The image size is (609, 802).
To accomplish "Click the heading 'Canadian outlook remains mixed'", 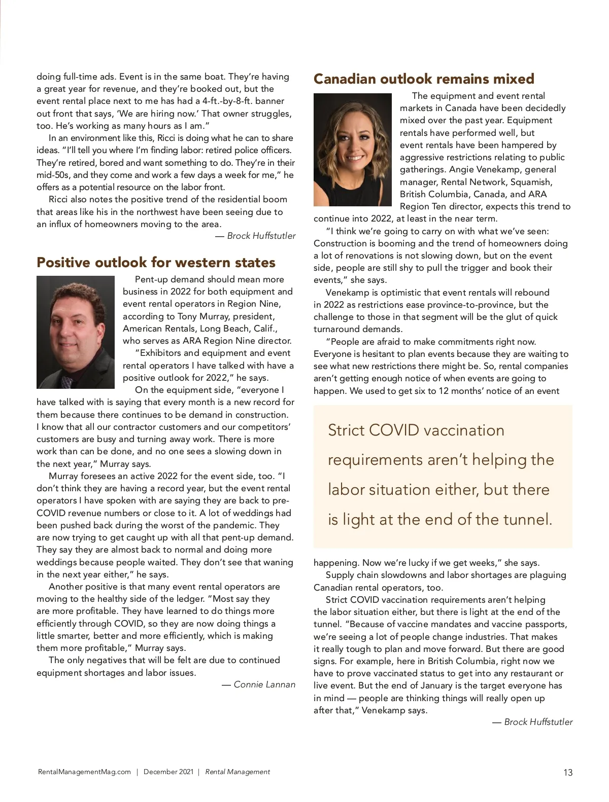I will click(x=424, y=79).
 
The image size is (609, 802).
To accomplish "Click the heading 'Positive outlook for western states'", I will click(x=156, y=263).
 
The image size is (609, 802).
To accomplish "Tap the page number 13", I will click(x=567, y=772).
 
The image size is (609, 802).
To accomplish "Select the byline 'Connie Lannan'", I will click(x=264, y=684).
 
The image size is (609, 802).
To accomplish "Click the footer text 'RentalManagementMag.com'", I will click(x=84, y=772).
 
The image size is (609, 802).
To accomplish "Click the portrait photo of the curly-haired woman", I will click(x=352, y=150).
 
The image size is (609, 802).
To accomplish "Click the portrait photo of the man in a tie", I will click(x=76, y=332).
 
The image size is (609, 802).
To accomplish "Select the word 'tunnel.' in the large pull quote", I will click(x=526, y=520).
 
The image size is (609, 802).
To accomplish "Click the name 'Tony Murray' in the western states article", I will click(x=202, y=316).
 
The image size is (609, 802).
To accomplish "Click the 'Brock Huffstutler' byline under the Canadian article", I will click(x=538, y=722).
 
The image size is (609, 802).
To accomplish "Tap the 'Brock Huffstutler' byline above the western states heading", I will click(x=261, y=236).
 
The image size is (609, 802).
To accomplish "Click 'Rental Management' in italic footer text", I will click(x=238, y=772).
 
